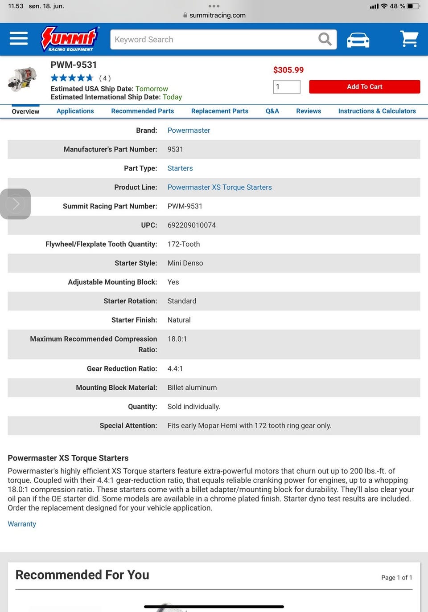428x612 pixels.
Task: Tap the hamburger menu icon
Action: pyautogui.click(x=19, y=39)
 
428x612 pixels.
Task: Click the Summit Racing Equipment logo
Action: pyautogui.click(x=70, y=39)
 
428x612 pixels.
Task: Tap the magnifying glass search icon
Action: pyautogui.click(x=325, y=40)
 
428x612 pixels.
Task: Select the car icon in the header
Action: pyautogui.click(x=358, y=40)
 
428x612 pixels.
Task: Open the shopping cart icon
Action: pyautogui.click(x=409, y=39)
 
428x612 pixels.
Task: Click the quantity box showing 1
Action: pyautogui.click(x=287, y=87)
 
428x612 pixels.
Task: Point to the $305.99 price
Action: pyautogui.click(x=288, y=70)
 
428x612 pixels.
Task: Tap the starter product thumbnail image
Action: pyautogui.click(x=22, y=79)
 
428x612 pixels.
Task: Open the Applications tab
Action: pyautogui.click(x=75, y=111)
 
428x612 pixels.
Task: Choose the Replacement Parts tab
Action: pyautogui.click(x=220, y=111)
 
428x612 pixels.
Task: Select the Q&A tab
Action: pyautogui.click(x=272, y=111)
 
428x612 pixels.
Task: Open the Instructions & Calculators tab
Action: pyautogui.click(x=377, y=111)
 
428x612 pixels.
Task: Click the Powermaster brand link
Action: pyautogui.click(x=189, y=131)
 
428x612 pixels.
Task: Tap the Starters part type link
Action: pyautogui.click(x=180, y=168)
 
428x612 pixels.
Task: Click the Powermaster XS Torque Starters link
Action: pyautogui.click(x=219, y=188)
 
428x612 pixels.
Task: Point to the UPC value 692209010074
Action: pyautogui.click(x=192, y=225)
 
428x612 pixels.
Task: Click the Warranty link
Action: pyautogui.click(x=22, y=524)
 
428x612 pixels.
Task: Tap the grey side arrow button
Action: pyautogui.click(x=16, y=204)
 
